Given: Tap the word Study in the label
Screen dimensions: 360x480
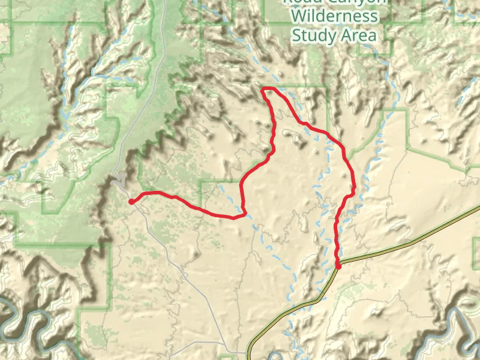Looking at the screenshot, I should (313, 35).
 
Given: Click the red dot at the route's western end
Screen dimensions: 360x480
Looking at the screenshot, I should (131, 202).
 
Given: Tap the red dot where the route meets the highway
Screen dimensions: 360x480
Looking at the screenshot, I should (338, 265).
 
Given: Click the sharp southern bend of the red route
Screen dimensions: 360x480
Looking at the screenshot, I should (244, 213).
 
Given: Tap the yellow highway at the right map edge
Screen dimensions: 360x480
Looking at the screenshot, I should (477, 208).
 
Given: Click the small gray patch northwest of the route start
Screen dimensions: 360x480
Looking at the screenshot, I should (122, 178).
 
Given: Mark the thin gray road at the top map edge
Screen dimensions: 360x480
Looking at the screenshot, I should (164, 3).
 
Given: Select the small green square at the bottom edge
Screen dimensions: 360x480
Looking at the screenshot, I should (226, 358).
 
